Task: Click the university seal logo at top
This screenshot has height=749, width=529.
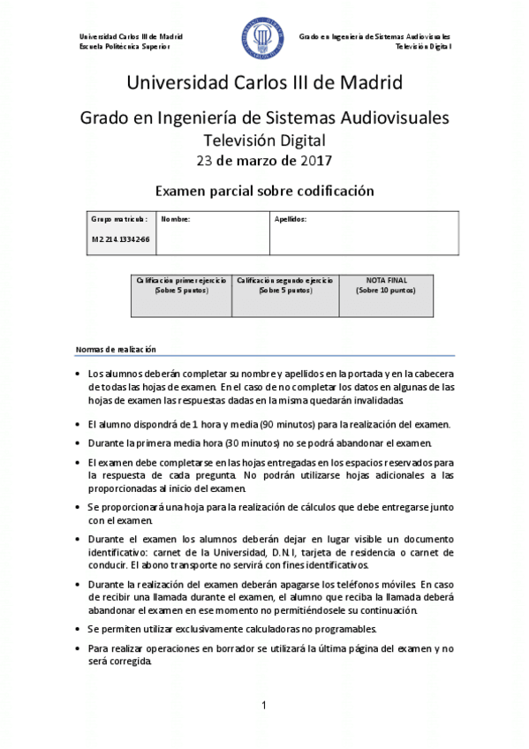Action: pos(263,40)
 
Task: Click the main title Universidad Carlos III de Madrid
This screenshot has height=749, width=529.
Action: pos(264,84)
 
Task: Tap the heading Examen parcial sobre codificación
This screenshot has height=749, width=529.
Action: pos(264,191)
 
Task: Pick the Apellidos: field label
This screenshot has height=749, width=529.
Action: pos(290,218)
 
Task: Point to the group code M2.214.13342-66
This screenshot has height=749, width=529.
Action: pos(120,239)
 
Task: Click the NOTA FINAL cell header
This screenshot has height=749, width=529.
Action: pos(386,280)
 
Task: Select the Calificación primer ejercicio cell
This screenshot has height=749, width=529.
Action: pos(181,284)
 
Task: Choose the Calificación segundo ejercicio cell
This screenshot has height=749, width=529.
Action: pos(285,284)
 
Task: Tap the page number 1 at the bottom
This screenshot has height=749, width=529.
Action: pos(264,704)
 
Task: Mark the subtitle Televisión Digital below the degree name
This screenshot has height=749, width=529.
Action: pos(264,140)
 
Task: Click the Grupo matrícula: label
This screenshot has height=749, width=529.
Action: pos(119,218)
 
